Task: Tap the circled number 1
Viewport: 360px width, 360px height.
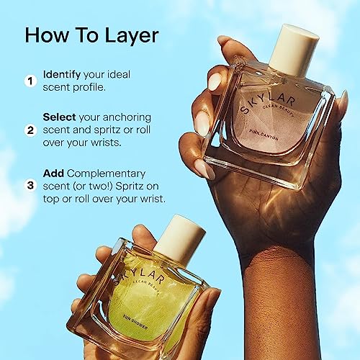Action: point(30,81)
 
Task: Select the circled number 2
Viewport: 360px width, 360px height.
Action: point(30,131)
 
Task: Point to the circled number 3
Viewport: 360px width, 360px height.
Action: point(30,185)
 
